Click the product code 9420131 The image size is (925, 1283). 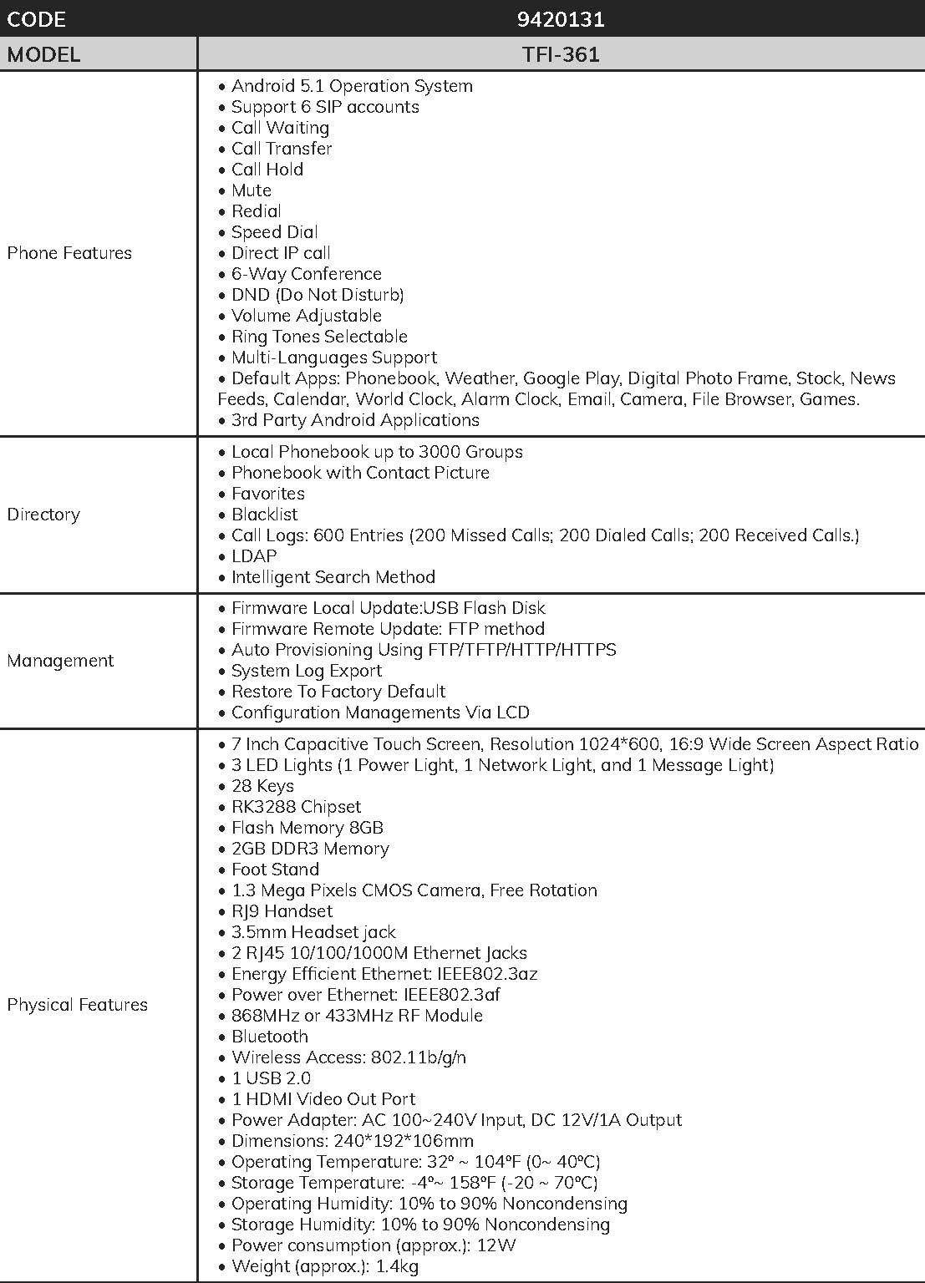tap(561, 19)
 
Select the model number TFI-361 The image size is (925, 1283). tap(561, 55)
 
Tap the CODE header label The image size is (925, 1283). tap(36, 19)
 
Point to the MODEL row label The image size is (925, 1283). tap(43, 55)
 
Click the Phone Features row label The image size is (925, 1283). tap(69, 253)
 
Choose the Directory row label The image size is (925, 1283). tap(43, 515)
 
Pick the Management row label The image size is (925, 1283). tap(60, 661)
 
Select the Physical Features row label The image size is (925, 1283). tap(77, 1005)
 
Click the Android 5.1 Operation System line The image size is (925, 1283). tap(351, 86)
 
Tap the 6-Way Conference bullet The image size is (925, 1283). tap(306, 274)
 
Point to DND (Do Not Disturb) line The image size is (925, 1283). tap(318, 295)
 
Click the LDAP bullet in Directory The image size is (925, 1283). tap(254, 556)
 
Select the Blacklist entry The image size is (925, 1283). tap(264, 515)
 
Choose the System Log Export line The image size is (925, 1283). tap(306, 671)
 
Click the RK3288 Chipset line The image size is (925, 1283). tap(296, 807)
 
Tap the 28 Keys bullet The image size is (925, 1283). tap(262, 786)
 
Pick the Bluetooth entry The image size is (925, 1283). tap(269, 1037)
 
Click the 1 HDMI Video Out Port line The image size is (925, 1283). tap(323, 1099)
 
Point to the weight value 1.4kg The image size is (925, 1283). tap(397, 1266)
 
